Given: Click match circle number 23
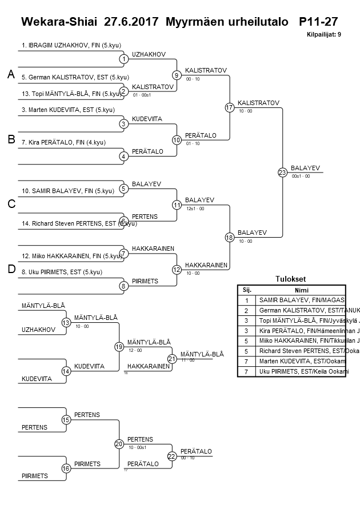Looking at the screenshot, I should pos(282,173).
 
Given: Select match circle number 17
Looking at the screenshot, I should pos(230,107).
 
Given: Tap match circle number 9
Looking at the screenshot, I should pos(177,75).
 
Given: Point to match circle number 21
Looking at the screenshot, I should pos(172,359).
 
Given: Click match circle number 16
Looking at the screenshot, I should pos(66,468).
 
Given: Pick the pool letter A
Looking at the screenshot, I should pos(10,74).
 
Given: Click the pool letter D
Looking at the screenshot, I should pos(10,270).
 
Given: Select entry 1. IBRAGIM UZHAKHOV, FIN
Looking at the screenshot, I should pos(71,45).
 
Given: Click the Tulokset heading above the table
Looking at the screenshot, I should pos(291,279).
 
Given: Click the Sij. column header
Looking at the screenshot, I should pos(247,290).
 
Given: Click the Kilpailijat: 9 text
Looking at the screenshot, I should pos(323,34).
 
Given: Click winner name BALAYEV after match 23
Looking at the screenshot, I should pos(305,168).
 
